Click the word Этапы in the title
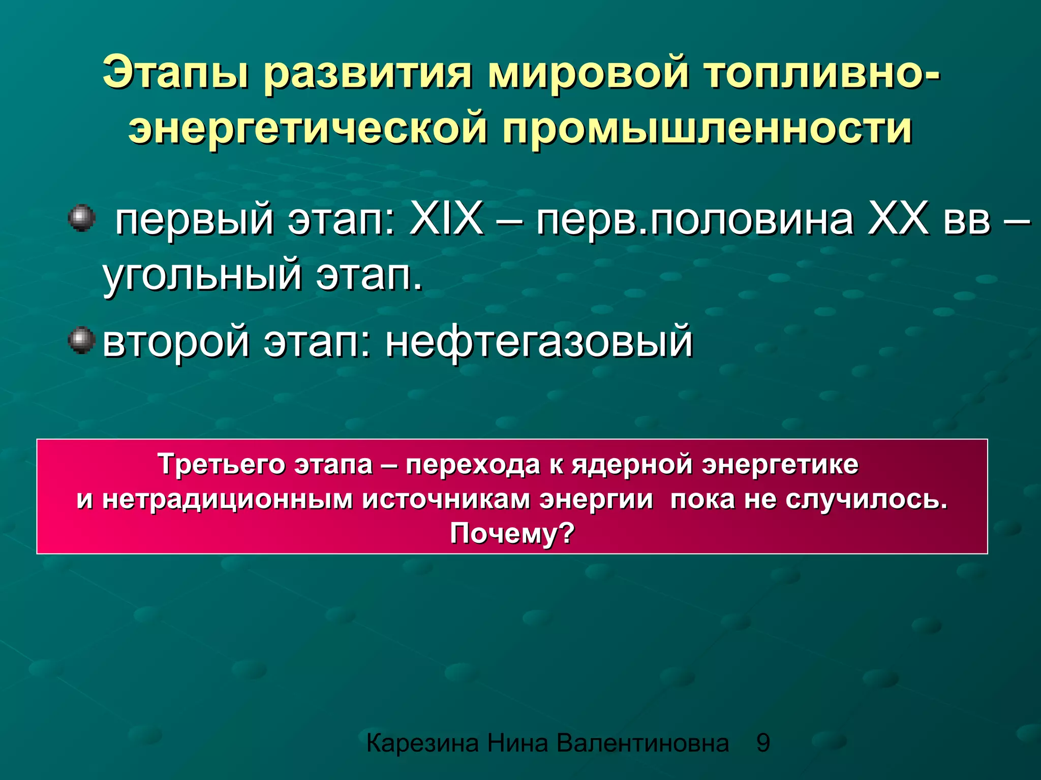click(176, 73)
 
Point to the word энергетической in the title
click(308, 128)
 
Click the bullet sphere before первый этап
click(81, 218)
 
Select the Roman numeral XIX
click(446, 219)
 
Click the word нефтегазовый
click(539, 341)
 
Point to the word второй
click(176, 341)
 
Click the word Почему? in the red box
click(512, 533)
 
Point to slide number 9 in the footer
click(763, 743)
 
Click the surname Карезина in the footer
click(422, 743)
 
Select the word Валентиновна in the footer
click(642, 743)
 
